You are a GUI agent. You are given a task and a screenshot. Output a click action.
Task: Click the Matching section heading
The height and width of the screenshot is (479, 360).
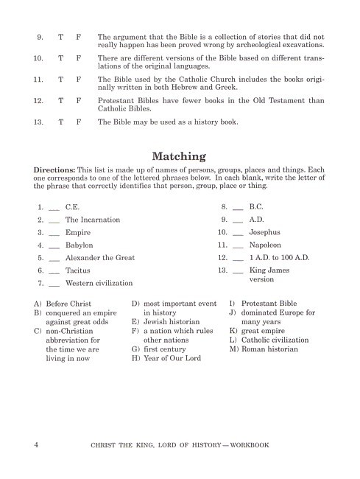pyautogui.click(x=179, y=156)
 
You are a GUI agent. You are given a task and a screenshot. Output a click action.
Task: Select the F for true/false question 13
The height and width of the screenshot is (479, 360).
pyautogui.click(x=79, y=122)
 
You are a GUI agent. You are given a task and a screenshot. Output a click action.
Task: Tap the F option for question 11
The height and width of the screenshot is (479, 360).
pyautogui.click(x=79, y=77)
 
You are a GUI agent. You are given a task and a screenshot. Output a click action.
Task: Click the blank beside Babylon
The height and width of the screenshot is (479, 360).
pyautogui.click(x=54, y=245)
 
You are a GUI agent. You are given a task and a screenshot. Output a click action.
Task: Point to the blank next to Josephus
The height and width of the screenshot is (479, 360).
pyautogui.click(x=238, y=233)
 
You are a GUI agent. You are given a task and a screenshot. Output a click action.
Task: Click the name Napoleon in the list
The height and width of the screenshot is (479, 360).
pyautogui.click(x=266, y=245)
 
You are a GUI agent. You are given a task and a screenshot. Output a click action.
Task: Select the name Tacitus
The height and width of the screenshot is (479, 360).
pyautogui.click(x=78, y=270)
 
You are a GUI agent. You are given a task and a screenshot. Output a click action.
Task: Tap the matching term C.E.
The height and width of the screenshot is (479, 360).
pyautogui.click(x=73, y=207)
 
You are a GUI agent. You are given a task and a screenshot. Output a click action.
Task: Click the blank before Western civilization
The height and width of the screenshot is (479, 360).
pyautogui.click(x=54, y=284)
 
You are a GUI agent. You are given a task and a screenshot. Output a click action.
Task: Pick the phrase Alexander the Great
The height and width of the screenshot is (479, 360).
pyautogui.click(x=96, y=258)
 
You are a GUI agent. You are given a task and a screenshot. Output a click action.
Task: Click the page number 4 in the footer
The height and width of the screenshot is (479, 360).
pyautogui.click(x=36, y=446)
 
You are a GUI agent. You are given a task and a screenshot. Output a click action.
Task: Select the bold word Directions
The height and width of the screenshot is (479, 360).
pyautogui.click(x=56, y=169)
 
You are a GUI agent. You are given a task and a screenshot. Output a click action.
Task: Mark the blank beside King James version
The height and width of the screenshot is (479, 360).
pyautogui.click(x=238, y=271)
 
